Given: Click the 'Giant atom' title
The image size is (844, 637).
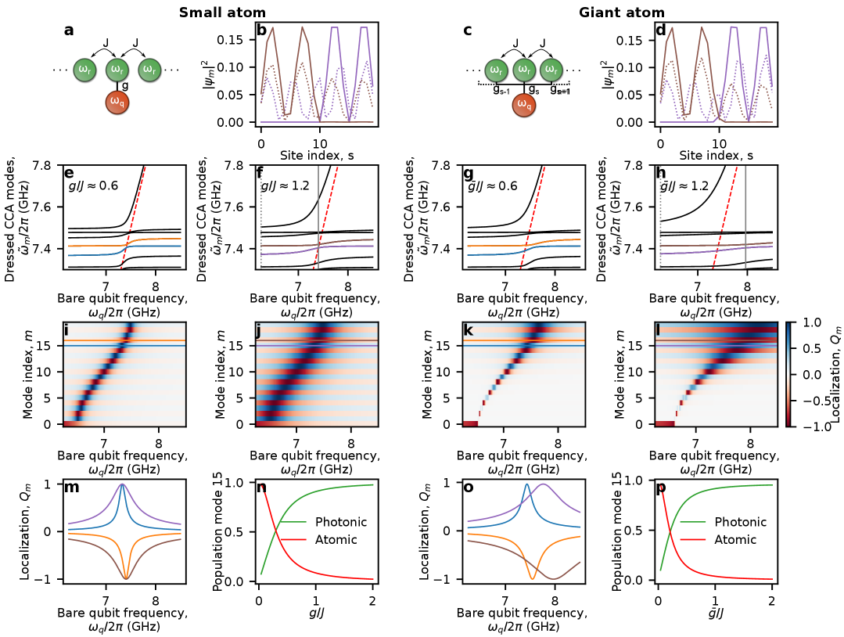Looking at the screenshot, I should tap(622, 12).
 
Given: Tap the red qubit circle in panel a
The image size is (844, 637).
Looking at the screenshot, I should tap(117, 102).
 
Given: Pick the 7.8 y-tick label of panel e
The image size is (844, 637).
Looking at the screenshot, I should tap(40, 167).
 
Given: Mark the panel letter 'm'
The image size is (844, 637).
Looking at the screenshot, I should tap(71, 488).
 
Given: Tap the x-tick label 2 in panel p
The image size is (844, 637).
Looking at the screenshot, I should tap(771, 600).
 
